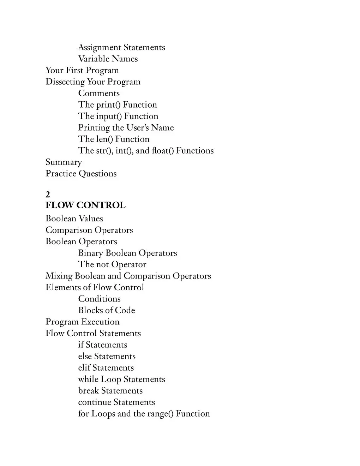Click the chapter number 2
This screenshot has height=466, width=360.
[x=48, y=195]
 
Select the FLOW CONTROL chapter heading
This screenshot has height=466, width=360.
[x=85, y=205]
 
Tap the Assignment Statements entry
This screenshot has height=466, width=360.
[x=121, y=48]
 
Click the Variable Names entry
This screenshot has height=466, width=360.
[x=108, y=59]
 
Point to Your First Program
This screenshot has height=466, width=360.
[x=82, y=70]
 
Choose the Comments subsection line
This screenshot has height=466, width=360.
[x=99, y=93]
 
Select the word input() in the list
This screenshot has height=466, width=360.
[x=109, y=116]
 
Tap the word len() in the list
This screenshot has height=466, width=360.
[x=104, y=139]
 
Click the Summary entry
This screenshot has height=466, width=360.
[x=64, y=162]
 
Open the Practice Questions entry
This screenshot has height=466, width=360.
[x=81, y=174]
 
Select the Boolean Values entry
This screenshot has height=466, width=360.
[x=74, y=219]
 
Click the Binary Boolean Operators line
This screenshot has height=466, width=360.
[x=127, y=253]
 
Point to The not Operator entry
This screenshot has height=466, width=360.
[x=112, y=264]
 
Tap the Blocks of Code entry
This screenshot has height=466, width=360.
[x=106, y=310]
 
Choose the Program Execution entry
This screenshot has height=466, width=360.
[x=82, y=322]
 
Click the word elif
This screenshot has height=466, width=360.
[x=84, y=368]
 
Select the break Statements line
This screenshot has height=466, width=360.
[x=110, y=391]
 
